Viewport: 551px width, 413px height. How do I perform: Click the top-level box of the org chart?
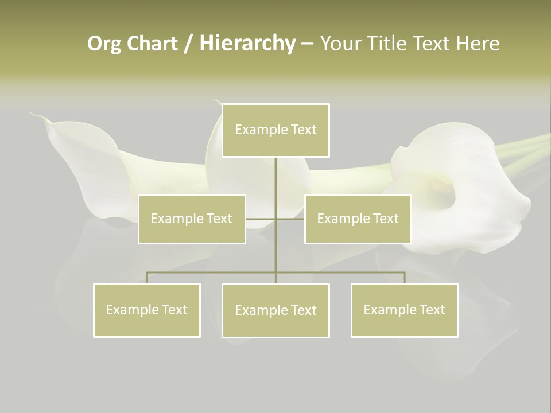tap(275, 130)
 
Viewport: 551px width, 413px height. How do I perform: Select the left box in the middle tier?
tap(192, 219)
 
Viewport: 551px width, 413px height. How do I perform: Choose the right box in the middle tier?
tap(358, 219)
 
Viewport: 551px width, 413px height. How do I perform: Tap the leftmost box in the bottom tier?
tap(147, 310)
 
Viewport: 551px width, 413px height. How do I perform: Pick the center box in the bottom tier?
tap(275, 310)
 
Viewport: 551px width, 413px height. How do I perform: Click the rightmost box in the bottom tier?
tap(404, 310)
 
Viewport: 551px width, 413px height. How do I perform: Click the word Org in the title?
tap(104, 44)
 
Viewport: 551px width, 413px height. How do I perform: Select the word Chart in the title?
tap(152, 44)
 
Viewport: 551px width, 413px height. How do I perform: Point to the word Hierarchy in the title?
tap(247, 44)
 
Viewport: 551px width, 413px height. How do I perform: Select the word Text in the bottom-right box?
tap(432, 310)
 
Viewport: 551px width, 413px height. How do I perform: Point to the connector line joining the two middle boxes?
tap(275, 219)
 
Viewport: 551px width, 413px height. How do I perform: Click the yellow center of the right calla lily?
tap(441, 186)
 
